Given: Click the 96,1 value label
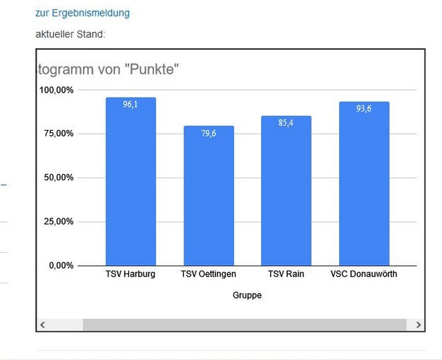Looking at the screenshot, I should [x=131, y=104].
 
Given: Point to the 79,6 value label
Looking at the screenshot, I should [x=209, y=133].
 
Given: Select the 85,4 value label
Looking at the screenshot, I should [x=286, y=123].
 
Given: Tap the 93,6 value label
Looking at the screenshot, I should [x=364, y=108].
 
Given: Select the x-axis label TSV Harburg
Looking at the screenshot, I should [x=131, y=274].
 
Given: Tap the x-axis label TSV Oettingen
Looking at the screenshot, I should [x=209, y=274].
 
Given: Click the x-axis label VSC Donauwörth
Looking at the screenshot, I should [x=364, y=274].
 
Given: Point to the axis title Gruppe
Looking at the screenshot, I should [x=247, y=295].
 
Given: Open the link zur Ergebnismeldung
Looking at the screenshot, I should [x=82, y=13].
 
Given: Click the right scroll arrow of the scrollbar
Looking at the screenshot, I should [x=419, y=324].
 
